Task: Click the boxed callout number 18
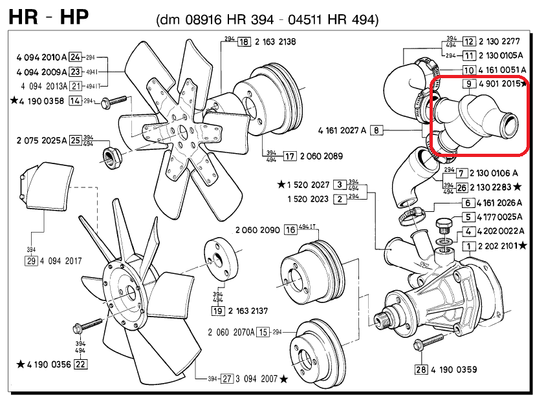243,42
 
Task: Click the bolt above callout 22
88,324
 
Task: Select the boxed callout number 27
226,378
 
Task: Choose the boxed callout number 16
290,230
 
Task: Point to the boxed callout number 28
421,370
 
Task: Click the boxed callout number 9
468,84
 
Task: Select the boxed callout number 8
378,130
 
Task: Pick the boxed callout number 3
339,185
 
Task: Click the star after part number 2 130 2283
517,187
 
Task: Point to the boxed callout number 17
289,156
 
